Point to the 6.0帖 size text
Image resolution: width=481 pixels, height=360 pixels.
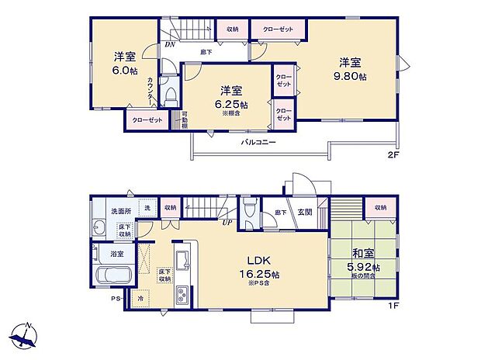123,71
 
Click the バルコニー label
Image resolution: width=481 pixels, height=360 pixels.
258,143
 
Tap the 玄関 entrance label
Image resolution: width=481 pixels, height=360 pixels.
306,210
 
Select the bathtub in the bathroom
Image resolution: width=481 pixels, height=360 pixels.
113,278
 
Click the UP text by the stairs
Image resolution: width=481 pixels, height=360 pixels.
226,223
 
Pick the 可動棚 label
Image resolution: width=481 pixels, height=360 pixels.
185,120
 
